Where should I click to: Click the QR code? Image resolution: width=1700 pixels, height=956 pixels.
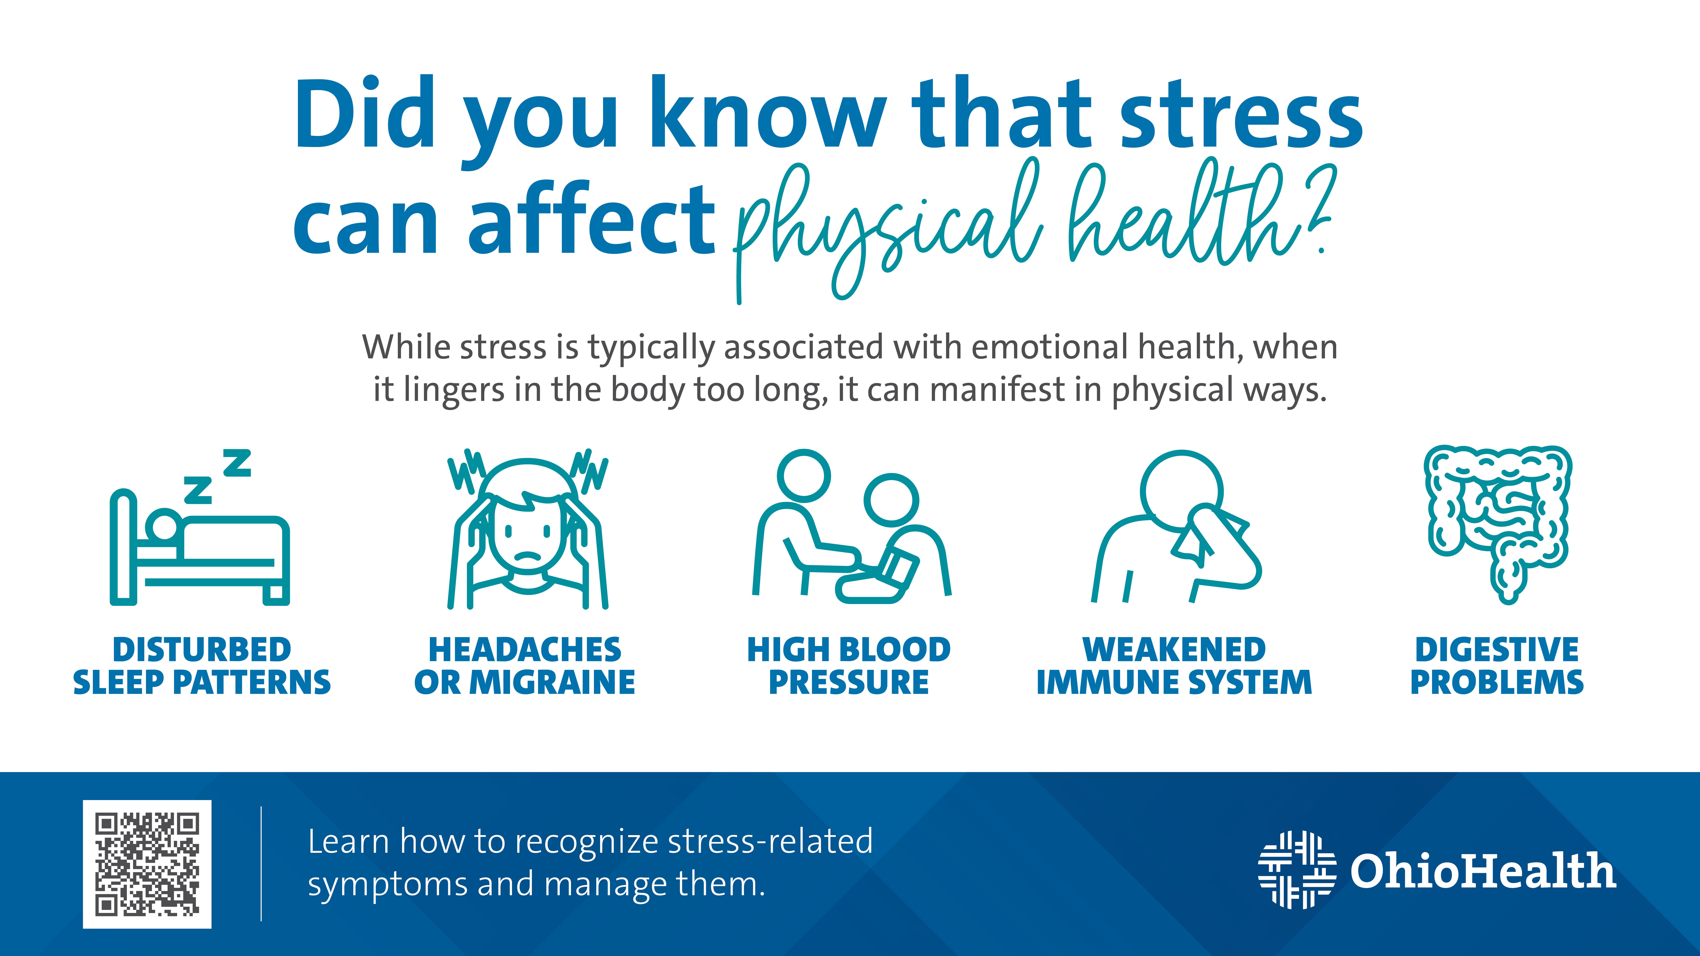click(147, 864)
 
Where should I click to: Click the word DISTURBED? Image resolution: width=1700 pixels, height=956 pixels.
click(202, 650)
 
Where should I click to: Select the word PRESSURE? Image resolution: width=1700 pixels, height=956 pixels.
click(849, 682)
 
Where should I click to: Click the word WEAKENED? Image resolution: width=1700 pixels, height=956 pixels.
click(1174, 650)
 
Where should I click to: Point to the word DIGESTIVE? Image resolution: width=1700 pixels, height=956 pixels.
click(1497, 650)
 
